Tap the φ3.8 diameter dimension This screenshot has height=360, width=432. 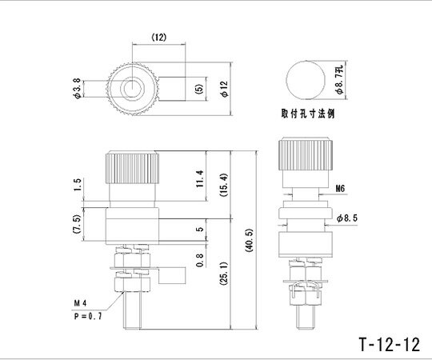point(76,87)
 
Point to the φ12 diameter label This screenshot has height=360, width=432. point(225,88)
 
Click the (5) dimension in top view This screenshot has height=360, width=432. point(198,87)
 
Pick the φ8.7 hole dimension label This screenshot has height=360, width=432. point(339,79)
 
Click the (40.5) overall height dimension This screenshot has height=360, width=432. point(250,238)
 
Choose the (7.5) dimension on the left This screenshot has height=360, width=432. point(76,222)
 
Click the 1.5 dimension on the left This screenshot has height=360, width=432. point(76,186)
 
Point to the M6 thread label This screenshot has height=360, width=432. point(340,190)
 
